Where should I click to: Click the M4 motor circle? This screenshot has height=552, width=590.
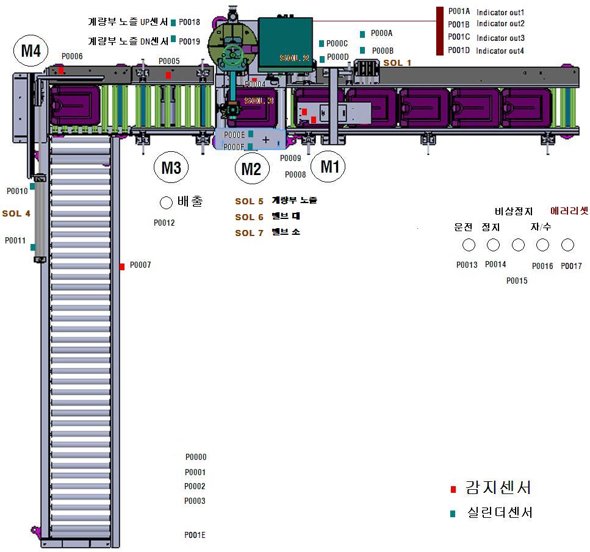point(31,51)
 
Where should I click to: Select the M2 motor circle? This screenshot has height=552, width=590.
point(251,168)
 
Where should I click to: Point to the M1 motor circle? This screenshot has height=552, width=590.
point(329,166)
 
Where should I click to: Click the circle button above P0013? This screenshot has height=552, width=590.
point(469,245)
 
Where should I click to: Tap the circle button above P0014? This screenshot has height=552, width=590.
point(494,245)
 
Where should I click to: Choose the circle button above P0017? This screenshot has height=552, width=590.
point(567,245)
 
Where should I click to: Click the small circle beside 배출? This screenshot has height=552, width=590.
point(166,202)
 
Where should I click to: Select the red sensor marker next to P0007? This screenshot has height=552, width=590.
point(122,266)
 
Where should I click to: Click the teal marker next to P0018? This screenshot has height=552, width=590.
point(174,23)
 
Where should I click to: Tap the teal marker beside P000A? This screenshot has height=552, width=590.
point(363,34)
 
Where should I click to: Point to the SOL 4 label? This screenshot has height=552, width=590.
point(16,213)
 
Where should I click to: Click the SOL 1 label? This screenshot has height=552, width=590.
point(397,63)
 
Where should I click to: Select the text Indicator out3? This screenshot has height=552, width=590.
point(500,38)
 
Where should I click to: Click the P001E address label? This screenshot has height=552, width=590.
point(195,536)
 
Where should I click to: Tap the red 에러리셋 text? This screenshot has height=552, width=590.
point(569,210)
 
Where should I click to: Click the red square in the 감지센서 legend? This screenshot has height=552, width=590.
point(453,489)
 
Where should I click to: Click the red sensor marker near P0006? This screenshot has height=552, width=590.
point(61,71)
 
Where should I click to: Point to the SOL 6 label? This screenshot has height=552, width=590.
point(249,217)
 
